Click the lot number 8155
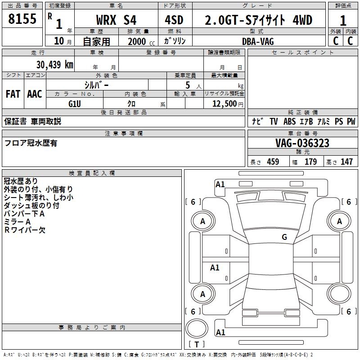pyautogui.click(x=22, y=19)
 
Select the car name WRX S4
pyautogui.click(x=116, y=20)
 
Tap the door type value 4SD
pyautogui.click(x=174, y=20)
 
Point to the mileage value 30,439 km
pyautogui.click(x=55, y=64)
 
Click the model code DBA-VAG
pyautogui.click(x=258, y=41)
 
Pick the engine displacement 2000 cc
pyautogui.click(x=141, y=41)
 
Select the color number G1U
pyautogui.click(x=75, y=104)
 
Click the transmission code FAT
pyautogui.click(x=13, y=94)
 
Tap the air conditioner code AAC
pyautogui.click(x=35, y=94)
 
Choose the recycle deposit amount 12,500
pyautogui.click(x=224, y=104)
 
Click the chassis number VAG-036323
pyautogui.click(x=302, y=143)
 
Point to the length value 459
pyautogui.click(x=273, y=162)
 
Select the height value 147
pyautogui.click(x=346, y=162)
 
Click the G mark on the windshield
pyautogui.click(x=284, y=237)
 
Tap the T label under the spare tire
pyautogui.click(x=197, y=344)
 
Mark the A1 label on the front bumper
pyautogui.click(x=220, y=184)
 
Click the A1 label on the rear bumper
pyautogui.click(x=220, y=332)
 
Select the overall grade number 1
pyautogui.click(x=343, y=21)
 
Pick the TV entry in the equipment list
pyautogui.click(x=274, y=121)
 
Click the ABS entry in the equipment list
pyautogui.click(x=289, y=121)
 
